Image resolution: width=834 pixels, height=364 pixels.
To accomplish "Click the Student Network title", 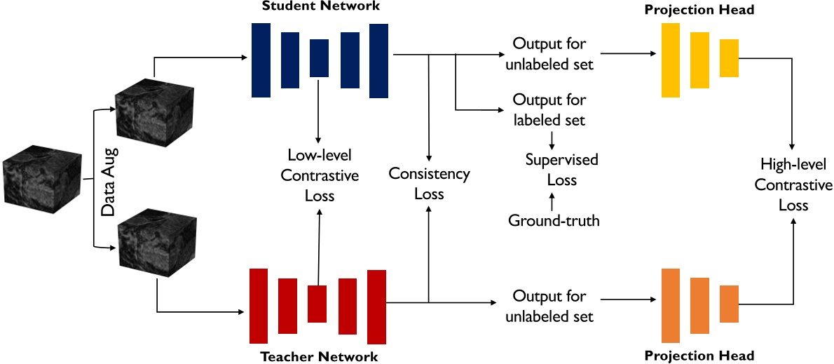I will tap(320, 7).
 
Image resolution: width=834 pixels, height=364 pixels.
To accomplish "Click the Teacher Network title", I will tap(319, 356).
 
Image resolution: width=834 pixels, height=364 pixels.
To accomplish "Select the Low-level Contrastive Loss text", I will tap(320, 175).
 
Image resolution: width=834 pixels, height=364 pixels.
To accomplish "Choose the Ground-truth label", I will tap(554, 221).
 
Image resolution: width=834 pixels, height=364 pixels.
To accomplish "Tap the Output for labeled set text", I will tap(549, 110).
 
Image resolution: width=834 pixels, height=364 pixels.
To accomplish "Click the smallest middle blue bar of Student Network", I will tap(319, 58).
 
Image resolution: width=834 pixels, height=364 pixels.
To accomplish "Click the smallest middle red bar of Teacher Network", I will tap(317, 304).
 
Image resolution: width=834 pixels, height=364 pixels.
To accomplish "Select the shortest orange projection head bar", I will tap(729, 304).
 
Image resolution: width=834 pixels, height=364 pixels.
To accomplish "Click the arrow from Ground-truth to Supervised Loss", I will tap(552, 202).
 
